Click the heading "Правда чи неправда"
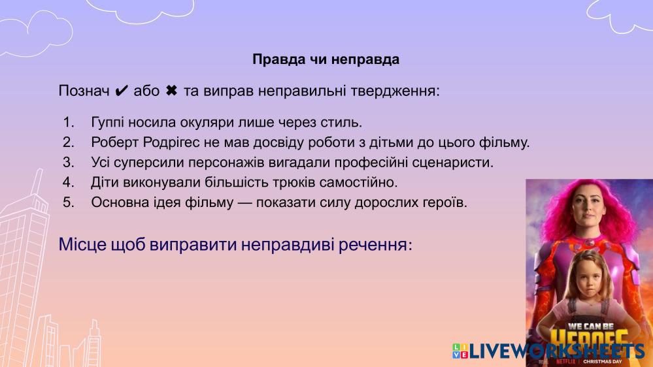(326, 59)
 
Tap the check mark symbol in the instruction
(121, 91)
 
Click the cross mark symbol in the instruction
(171, 90)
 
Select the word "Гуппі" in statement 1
(107, 122)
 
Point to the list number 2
(68, 142)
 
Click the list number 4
(68, 182)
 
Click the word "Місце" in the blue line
(82, 244)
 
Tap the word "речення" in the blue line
(375, 244)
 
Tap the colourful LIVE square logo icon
(460, 351)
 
